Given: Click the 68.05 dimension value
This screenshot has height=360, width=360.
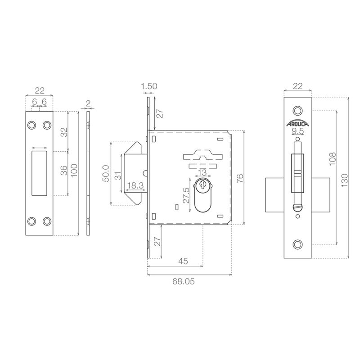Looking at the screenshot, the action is pyautogui.click(x=184, y=282).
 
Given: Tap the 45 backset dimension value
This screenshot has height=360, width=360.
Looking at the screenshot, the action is pyautogui.click(x=183, y=261).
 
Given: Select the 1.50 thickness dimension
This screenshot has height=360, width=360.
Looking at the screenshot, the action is pyautogui.click(x=149, y=86).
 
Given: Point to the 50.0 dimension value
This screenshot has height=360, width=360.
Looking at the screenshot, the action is pyautogui.click(x=106, y=173).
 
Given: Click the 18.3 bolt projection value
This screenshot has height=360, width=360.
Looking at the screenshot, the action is pyautogui.click(x=135, y=185).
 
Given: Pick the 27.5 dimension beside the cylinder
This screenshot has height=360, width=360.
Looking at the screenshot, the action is pyautogui.click(x=186, y=196).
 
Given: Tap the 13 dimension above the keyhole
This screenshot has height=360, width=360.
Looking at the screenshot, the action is pyautogui.click(x=202, y=172).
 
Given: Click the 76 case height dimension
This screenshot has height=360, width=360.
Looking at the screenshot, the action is pyautogui.click(x=239, y=178).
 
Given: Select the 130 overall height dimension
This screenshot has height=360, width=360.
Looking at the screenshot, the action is pyautogui.click(x=345, y=180).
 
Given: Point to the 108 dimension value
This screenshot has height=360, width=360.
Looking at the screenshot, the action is pyautogui.click(x=333, y=158).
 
